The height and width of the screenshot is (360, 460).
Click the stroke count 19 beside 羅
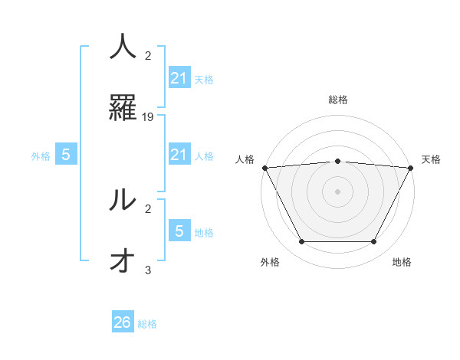(149, 117)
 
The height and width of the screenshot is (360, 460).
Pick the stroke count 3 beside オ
(148, 270)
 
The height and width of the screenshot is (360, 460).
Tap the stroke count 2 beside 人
(148, 55)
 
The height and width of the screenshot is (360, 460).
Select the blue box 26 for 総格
(123, 322)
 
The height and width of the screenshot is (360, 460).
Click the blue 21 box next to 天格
(179, 77)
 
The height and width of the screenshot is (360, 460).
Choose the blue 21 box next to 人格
(179, 155)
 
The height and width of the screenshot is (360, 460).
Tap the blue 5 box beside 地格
(179, 231)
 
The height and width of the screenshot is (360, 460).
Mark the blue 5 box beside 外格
(66, 155)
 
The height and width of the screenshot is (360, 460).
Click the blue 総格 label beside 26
(148, 324)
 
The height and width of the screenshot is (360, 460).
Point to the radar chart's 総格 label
(337, 100)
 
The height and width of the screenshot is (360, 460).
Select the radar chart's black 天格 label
(431, 159)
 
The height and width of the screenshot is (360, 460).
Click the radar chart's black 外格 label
(270, 262)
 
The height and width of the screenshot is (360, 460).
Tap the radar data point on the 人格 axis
(264, 168)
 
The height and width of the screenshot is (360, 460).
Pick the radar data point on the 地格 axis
(373, 242)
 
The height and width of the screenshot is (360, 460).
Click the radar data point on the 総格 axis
(337, 161)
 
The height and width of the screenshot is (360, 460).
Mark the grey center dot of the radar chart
(337, 191)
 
